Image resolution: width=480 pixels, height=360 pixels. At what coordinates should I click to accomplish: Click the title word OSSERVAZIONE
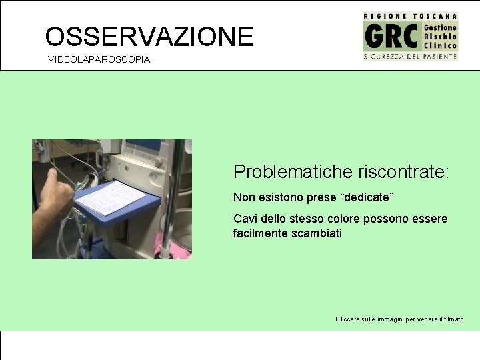149,36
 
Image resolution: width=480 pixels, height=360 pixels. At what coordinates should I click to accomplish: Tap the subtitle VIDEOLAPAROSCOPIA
99,60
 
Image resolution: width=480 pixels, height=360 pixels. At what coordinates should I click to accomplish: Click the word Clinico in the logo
441,46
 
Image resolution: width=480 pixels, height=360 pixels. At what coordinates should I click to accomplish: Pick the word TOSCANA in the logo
435,15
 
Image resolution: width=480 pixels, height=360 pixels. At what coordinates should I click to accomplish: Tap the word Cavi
245,219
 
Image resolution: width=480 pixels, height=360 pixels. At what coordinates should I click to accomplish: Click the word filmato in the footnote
452,319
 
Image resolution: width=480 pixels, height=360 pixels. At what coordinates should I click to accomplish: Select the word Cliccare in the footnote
348,319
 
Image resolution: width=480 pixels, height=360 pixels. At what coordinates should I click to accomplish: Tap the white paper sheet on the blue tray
111,197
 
